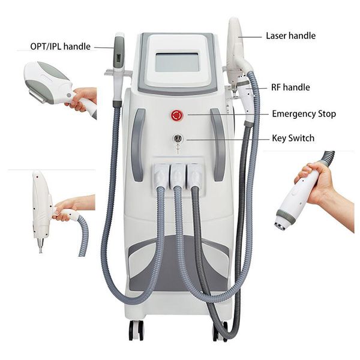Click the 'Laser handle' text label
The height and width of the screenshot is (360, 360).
[x=290, y=36]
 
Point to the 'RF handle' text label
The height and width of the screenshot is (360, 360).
[x=289, y=88]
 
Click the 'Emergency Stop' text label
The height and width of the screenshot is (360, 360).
[x=304, y=113]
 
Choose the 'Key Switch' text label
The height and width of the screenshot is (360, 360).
[x=293, y=138]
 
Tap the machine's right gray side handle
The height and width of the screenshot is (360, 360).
[x=218, y=144]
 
